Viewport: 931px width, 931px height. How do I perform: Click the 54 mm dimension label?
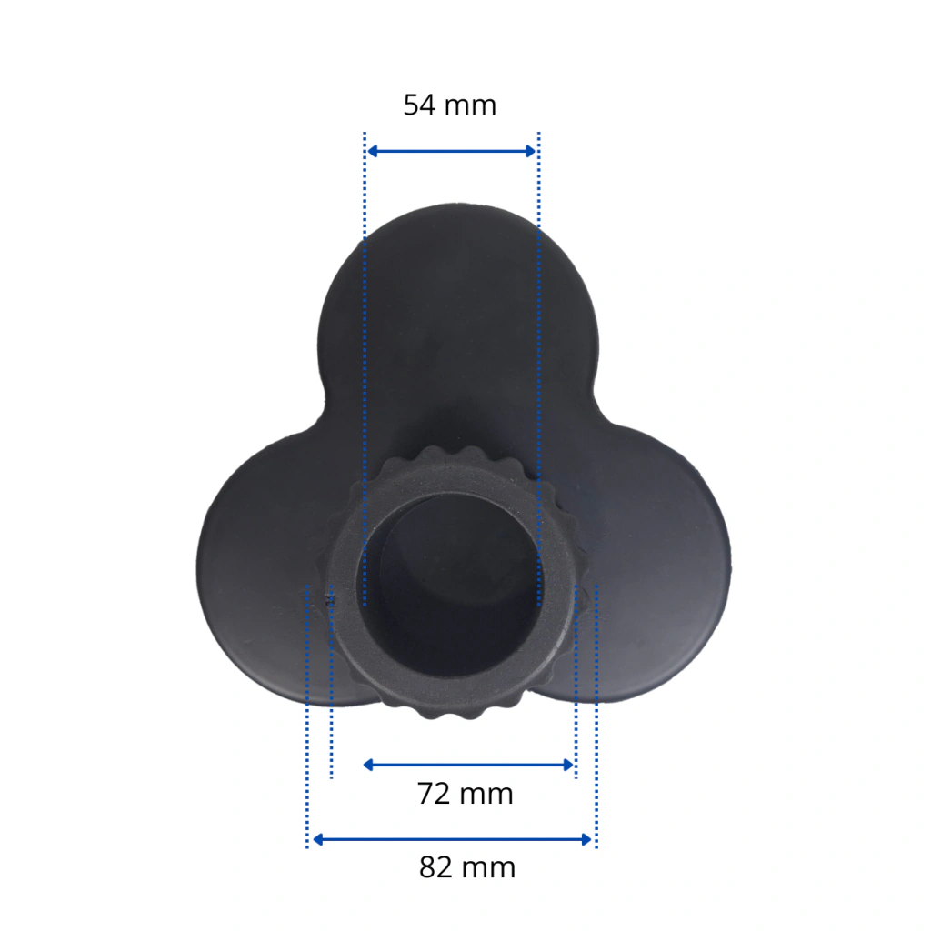click(x=449, y=105)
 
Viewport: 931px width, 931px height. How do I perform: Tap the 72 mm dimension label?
click(x=465, y=794)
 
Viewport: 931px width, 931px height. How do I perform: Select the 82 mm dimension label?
click(x=467, y=867)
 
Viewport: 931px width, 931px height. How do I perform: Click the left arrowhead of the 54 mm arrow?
click(x=373, y=152)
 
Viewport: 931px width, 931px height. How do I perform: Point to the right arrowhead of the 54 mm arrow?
click(x=530, y=152)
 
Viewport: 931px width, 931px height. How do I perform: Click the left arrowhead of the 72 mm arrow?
click(x=368, y=765)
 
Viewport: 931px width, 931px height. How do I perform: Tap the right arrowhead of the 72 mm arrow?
click(x=568, y=765)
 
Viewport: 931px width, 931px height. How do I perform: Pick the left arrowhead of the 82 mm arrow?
click(x=317, y=839)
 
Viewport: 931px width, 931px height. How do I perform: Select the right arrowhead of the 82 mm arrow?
click(x=586, y=839)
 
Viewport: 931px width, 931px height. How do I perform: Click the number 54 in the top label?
click(x=419, y=105)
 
